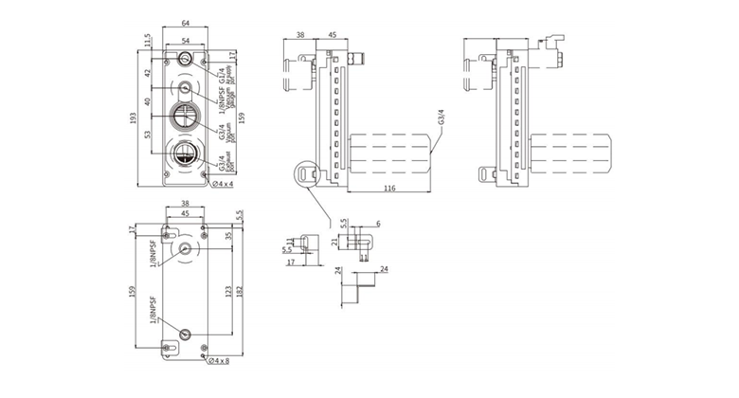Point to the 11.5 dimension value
[x=149, y=42]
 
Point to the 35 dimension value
[x=228, y=236]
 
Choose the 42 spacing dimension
[x=149, y=73]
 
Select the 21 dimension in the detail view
[x=334, y=242]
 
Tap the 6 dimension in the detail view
[x=377, y=224]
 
